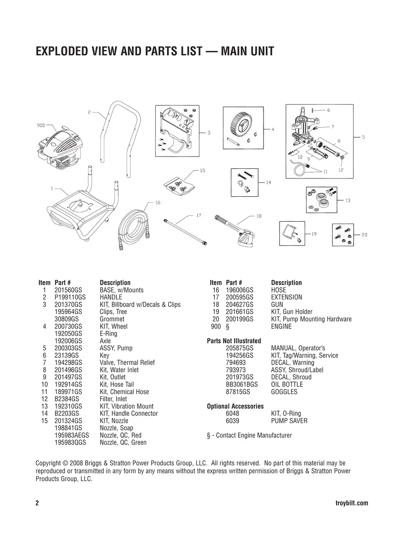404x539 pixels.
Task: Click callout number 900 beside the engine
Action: click(41, 125)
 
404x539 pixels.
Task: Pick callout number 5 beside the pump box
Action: click(363, 137)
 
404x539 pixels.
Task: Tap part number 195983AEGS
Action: click(72, 435)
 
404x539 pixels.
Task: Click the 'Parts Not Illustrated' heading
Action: click(234, 341)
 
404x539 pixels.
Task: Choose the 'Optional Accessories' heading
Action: click(235, 406)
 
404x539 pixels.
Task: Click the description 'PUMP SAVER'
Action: click(289, 421)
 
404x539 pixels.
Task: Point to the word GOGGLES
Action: click(284, 392)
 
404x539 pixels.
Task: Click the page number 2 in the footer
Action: click(37, 503)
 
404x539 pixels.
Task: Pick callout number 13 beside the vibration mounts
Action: click(347, 201)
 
